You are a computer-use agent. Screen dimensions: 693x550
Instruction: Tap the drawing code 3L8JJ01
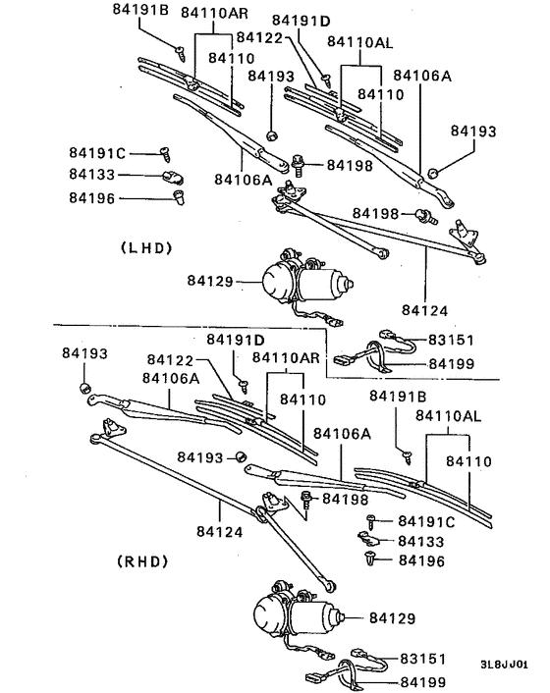[x=511, y=664]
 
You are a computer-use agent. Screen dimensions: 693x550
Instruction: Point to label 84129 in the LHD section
[x=209, y=282]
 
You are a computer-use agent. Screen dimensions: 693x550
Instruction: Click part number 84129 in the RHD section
[x=392, y=618]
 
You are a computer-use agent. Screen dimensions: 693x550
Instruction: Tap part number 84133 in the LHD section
[x=91, y=175]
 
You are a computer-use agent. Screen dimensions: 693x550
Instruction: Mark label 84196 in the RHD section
[x=420, y=560]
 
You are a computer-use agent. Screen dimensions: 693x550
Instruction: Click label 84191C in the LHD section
[x=96, y=153]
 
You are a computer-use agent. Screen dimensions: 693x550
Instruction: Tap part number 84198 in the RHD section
[x=345, y=500]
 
